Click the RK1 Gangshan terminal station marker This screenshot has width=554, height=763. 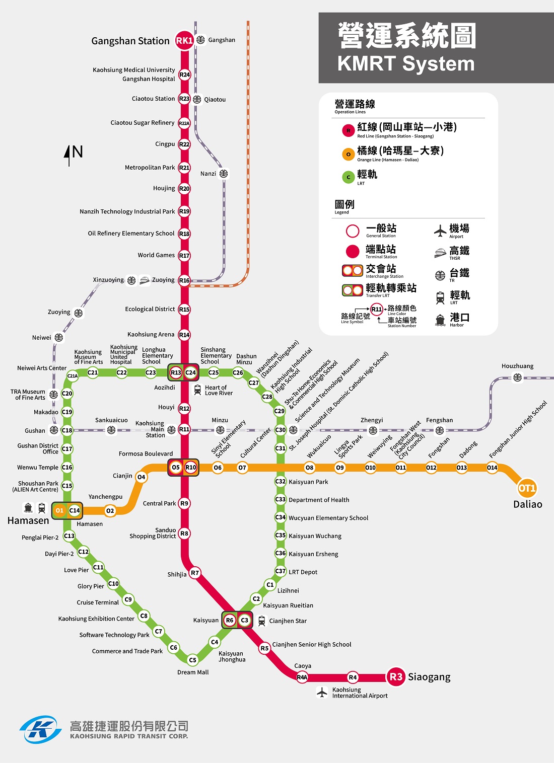(x=184, y=40)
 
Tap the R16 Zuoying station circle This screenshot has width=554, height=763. (x=184, y=280)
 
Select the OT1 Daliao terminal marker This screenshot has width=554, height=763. (x=527, y=488)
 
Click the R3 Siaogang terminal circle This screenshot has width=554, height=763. (x=396, y=677)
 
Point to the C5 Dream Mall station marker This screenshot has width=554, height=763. (x=192, y=660)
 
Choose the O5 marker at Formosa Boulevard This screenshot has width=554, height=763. (x=175, y=468)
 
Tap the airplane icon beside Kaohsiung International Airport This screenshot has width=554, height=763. (x=322, y=692)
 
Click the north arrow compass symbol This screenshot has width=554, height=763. (x=70, y=155)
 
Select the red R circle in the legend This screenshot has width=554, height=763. (x=348, y=130)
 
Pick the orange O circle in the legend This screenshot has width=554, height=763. (x=348, y=154)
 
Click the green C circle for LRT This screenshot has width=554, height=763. (x=348, y=177)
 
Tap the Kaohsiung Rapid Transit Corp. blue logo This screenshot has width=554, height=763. (x=40, y=729)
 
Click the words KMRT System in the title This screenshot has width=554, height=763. (x=406, y=64)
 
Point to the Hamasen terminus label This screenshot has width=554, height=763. (x=28, y=521)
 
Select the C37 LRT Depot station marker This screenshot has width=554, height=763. (x=281, y=571)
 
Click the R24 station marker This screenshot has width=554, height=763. (x=184, y=74)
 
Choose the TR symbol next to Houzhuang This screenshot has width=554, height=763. (x=517, y=377)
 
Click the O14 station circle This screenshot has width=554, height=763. (x=492, y=468)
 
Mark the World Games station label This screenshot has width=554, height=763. (x=156, y=255)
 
